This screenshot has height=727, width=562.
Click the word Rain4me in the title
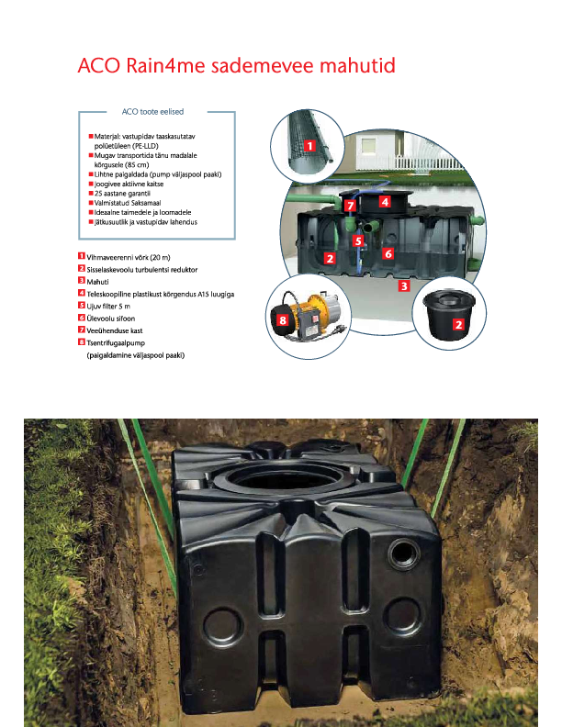[165, 65]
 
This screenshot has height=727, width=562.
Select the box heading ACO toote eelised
[152, 112]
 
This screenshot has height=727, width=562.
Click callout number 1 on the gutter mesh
[309, 146]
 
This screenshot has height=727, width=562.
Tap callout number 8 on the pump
[283, 320]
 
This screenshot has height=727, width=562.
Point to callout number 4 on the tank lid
[385, 202]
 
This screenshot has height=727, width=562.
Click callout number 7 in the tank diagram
[350, 206]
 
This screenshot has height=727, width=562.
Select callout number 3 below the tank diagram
[404, 286]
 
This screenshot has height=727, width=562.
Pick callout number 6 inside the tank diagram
[388, 253]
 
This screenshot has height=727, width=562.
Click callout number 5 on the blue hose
[357, 241]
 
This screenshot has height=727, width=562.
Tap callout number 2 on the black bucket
[458, 324]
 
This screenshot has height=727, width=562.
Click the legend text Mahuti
[97, 282]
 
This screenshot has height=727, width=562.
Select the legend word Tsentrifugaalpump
[116, 343]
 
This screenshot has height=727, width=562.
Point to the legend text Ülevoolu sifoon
[111, 319]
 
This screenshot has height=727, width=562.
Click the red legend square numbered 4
[82, 293]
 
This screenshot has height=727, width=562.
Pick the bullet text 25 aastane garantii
[122, 194]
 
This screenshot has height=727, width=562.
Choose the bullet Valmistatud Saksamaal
[128, 203]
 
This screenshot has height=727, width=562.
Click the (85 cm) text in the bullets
[137, 165]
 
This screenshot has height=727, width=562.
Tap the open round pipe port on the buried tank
[404, 554]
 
